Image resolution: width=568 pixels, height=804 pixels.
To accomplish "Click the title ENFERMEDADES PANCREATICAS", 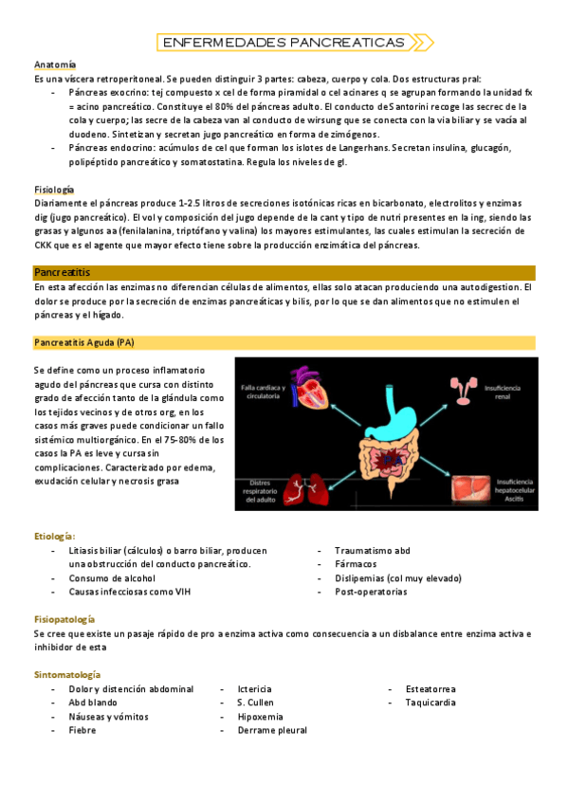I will point(284,43).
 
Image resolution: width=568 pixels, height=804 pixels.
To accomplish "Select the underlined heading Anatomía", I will point(55,64).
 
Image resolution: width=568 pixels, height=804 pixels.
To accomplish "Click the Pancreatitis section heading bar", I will point(284,272).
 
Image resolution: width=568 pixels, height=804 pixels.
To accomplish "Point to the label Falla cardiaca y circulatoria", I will point(261,391).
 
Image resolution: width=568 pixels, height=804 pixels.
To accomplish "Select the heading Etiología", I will point(54,536).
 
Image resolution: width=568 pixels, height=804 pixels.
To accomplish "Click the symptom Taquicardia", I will point(431,703).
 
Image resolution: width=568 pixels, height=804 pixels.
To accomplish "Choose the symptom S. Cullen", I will point(256,703).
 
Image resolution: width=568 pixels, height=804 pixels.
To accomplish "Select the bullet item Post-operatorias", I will point(371,592).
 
